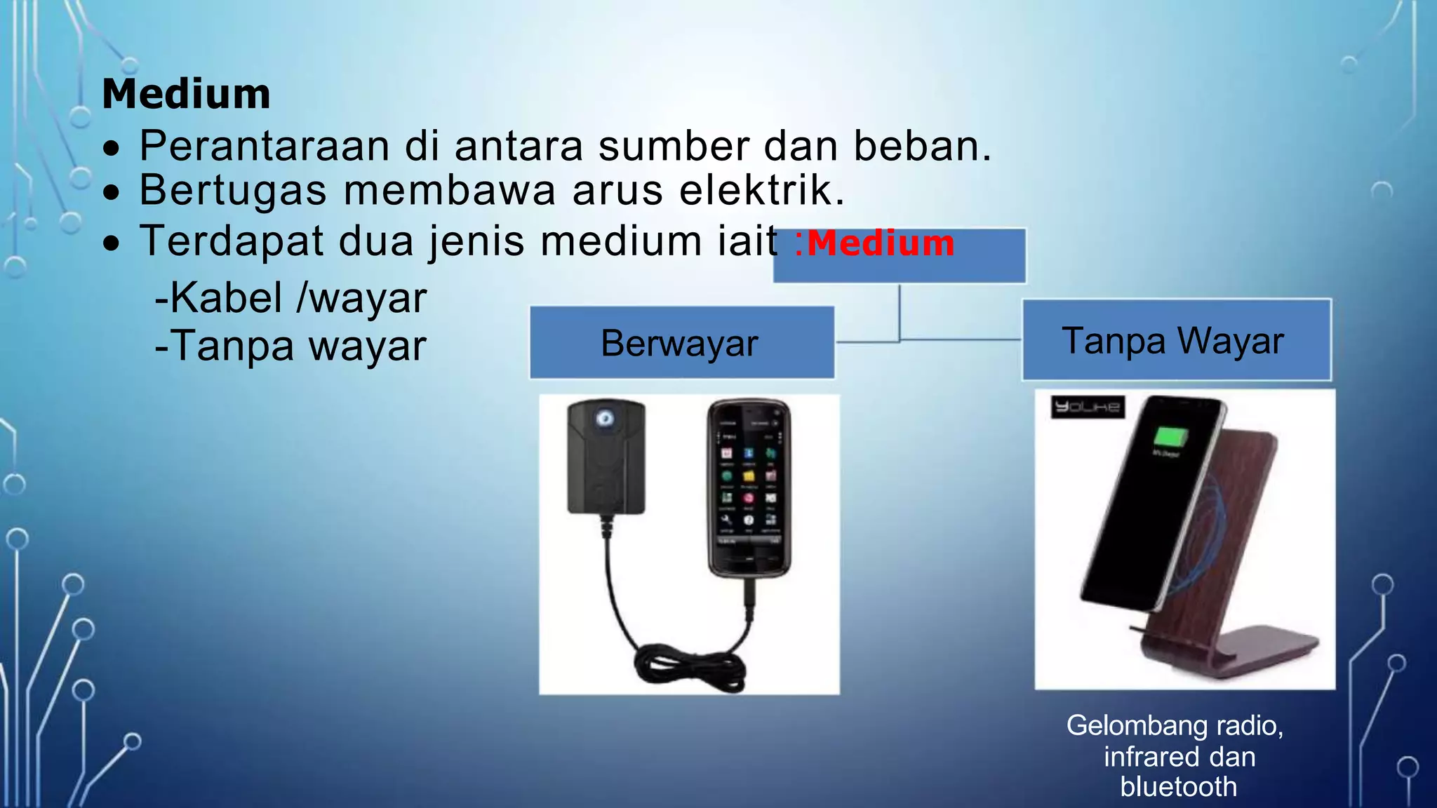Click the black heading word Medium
tap(186, 94)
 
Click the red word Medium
tap(881, 244)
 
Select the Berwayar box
tap(681, 343)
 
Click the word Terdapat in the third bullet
tap(232, 241)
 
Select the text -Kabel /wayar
tap(290, 297)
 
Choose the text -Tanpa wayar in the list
tap(290, 346)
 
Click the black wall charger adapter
tap(606, 456)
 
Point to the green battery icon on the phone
tap(1171, 438)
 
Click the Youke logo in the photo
tap(1087, 407)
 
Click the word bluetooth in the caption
tap(1178, 787)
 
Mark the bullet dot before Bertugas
tap(111, 193)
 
